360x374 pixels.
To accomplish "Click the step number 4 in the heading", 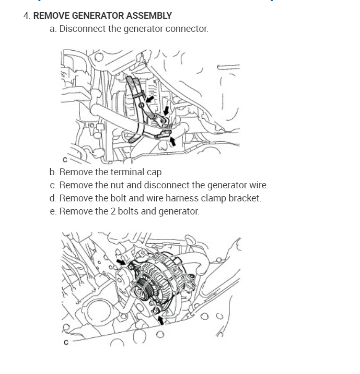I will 26,16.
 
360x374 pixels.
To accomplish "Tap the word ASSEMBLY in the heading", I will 150,16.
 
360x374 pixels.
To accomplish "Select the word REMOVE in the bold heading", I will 51,16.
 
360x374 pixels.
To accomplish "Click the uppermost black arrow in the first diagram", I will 150,98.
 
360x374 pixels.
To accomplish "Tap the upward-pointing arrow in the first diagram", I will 172,141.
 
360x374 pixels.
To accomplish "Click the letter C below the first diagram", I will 65,160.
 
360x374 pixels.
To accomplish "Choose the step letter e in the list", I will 53,211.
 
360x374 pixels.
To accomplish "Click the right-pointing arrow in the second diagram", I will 121,260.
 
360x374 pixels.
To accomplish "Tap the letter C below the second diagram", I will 65,343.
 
